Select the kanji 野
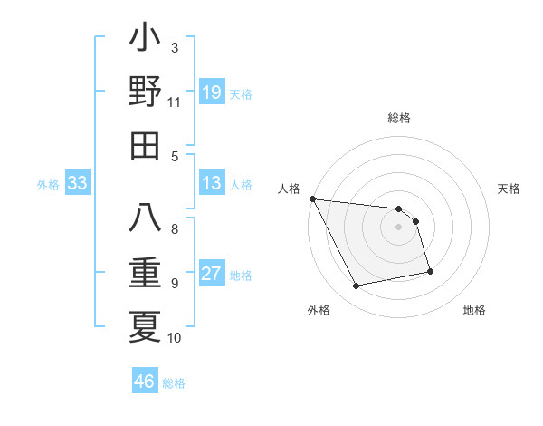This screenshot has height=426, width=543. point(145,92)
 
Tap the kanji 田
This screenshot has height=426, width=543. point(145,145)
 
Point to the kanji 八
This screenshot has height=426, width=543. point(145,218)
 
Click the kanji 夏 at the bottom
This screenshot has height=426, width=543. point(145,326)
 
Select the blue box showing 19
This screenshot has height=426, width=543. point(212,92)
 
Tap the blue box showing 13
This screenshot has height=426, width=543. point(212,184)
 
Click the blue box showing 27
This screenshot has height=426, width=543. point(212,275)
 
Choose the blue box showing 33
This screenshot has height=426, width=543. point(77,184)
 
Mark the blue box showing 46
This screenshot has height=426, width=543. point(145,382)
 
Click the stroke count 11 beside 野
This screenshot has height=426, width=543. point(175,102)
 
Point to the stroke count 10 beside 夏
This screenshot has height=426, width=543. point(175,338)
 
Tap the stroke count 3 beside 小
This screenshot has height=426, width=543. point(175,47)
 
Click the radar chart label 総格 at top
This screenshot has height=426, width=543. point(399,118)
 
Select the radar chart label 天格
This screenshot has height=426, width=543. point(510,189)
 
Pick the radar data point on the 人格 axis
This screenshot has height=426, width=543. point(312,198)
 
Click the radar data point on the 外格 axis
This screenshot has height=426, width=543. point(357,286)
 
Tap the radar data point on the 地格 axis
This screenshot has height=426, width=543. point(430,271)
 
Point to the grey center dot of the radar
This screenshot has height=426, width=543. point(399,227)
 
